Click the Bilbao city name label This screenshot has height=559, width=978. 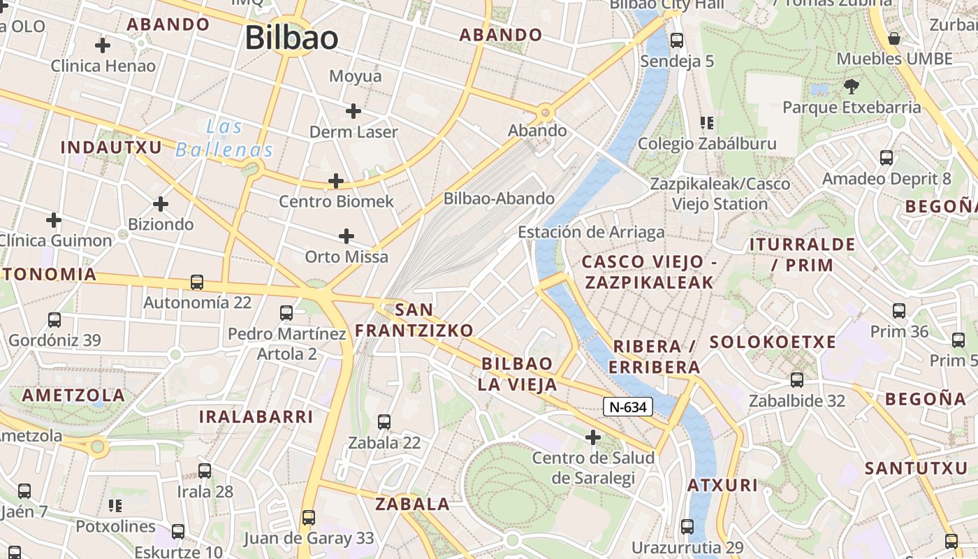click(291, 38)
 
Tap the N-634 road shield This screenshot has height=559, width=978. click(627, 407)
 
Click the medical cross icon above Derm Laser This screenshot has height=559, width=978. click(353, 110)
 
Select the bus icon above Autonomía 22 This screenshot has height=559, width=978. click(197, 282)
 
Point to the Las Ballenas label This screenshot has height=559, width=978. click(224, 138)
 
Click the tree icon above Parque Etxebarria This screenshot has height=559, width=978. click(851, 87)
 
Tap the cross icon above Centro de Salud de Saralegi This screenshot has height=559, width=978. click(593, 437)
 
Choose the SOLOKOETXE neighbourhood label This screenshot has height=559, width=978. click(773, 342)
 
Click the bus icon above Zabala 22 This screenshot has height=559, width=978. click(384, 421)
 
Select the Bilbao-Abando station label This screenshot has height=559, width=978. click(499, 198)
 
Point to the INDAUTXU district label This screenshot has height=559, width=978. click(111, 147)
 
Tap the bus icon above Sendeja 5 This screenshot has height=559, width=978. click(677, 41)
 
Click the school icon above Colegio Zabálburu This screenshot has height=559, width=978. click(706, 124)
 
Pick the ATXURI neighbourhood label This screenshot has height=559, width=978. click(722, 485)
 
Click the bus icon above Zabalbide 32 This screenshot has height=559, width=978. click(797, 380)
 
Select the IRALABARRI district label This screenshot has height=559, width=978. click(256, 417)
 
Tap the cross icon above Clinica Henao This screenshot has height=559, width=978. click(103, 45)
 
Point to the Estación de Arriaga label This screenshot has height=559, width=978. click(591, 232)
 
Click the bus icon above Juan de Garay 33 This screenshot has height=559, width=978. click(309, 518)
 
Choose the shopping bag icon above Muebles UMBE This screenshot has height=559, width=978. click(893, 38)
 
